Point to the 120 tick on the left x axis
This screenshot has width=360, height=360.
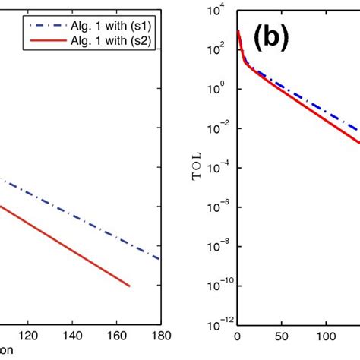(x=29, y=335)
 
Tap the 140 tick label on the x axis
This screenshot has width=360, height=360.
(x=73, y=335)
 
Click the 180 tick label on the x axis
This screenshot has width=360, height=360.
(x=159, y=335)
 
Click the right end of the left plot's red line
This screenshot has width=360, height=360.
(x=129, y=286)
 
